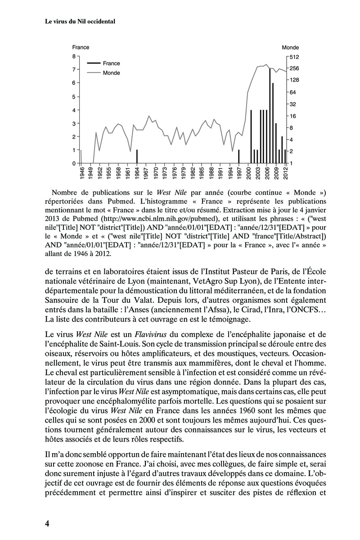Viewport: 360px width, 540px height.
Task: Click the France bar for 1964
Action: click(137, 156)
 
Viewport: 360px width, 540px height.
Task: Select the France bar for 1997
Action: click(239, 156)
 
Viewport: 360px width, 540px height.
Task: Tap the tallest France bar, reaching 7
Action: click(270, 116)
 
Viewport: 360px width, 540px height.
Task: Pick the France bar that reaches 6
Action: click(273, 122)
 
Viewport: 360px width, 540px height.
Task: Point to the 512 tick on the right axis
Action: click(294, 57)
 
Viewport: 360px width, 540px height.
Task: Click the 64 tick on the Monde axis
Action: click(292, 92)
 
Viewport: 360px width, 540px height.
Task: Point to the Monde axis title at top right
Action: click(290, 47)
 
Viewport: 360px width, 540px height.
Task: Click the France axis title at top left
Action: click(81, 47)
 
